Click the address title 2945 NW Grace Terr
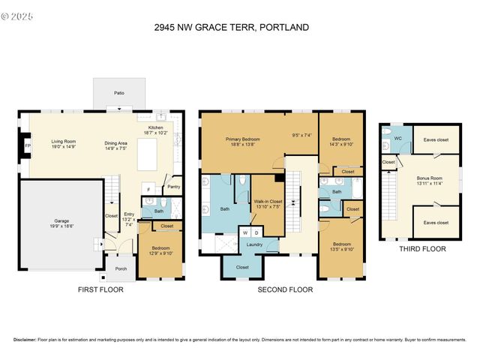coord(231,28)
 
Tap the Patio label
coord(119,93)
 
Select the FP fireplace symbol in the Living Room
coord(28,145)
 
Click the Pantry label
coord(173,187)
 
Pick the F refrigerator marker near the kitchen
coord(148,189)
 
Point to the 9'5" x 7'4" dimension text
coord(301,136)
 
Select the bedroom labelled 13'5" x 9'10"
coord(341,247)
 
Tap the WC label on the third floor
coord(398,138)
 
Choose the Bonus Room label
coord(430,180)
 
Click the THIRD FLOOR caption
coord(422,249)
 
